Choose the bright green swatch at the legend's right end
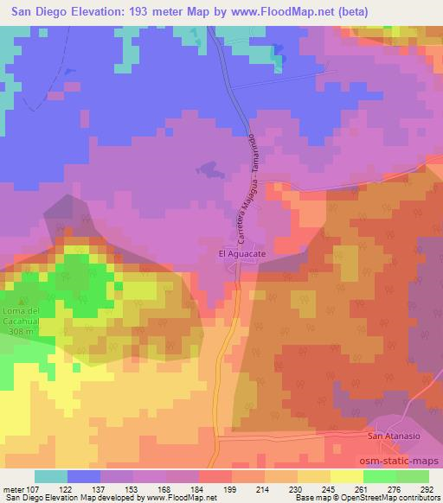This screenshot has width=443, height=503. (x=412, y=476)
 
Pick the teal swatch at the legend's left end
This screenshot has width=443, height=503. (x=51, y=476)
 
